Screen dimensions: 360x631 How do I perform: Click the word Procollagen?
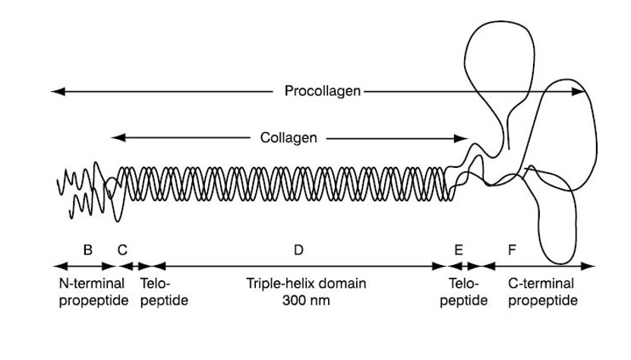tap(323, 92)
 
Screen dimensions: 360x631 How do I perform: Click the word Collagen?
tap(289, 138)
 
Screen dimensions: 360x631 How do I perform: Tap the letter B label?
tap(88, 250)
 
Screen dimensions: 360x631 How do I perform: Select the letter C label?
tap(122, 250)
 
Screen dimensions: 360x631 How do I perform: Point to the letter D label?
tap(298, 250)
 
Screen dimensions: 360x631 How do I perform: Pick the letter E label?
tap(459, 250)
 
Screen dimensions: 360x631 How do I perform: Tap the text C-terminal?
tap(541, 283)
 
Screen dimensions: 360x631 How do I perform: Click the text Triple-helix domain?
tap(306, 283)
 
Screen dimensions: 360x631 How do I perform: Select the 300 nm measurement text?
tap(306, 300)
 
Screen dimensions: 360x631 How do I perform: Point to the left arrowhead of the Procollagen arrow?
tap(55, 92)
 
